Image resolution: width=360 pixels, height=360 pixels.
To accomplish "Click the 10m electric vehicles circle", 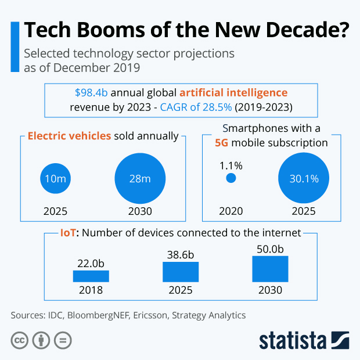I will [x=56, y=178].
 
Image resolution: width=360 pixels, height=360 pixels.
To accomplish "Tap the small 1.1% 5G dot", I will [x=231, y=178].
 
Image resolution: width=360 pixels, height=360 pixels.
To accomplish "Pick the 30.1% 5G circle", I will [x=304, y=178].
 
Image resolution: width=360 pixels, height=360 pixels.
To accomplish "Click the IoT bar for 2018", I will [x=91, y=276].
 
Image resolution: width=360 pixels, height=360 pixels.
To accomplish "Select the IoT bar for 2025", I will [x=181, y=272].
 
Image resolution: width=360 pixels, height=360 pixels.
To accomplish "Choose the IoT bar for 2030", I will [x=270, y=268].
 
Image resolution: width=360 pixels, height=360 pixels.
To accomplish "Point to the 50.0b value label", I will [x=270, y=249].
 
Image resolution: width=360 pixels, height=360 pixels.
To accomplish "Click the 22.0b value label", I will [x=91, y=263].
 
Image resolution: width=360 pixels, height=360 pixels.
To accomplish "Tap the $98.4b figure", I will [x=91, y=93].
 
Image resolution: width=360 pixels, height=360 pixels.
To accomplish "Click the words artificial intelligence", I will [x=233, y=93].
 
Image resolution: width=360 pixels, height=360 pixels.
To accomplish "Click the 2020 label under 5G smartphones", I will [x=231, y=211].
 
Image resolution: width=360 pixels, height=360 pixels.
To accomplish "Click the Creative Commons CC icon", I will [x=20, y=340].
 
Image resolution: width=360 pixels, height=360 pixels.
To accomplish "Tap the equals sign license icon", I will [x=62, y=340].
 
